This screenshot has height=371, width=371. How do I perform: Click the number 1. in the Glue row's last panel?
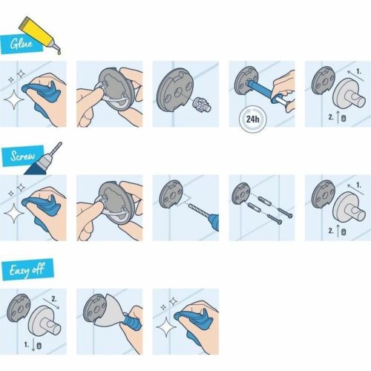point(358,70)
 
